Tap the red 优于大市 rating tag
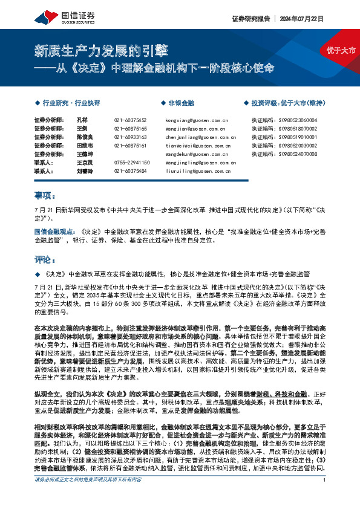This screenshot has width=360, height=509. [x=341, y=50]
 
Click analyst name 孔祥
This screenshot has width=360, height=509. [x=82, y=120]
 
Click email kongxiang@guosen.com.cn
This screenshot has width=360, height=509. [x=196, y=120]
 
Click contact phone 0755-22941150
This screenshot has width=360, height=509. [x=131, y=163]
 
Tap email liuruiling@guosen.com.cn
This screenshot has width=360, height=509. [x=196, y=171]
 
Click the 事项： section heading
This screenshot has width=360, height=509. [x=45, y=196]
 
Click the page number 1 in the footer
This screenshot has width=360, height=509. [x=325, y=497]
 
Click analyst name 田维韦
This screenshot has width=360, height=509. [x=85, y=146]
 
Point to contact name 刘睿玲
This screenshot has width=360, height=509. [x=85, y=171]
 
